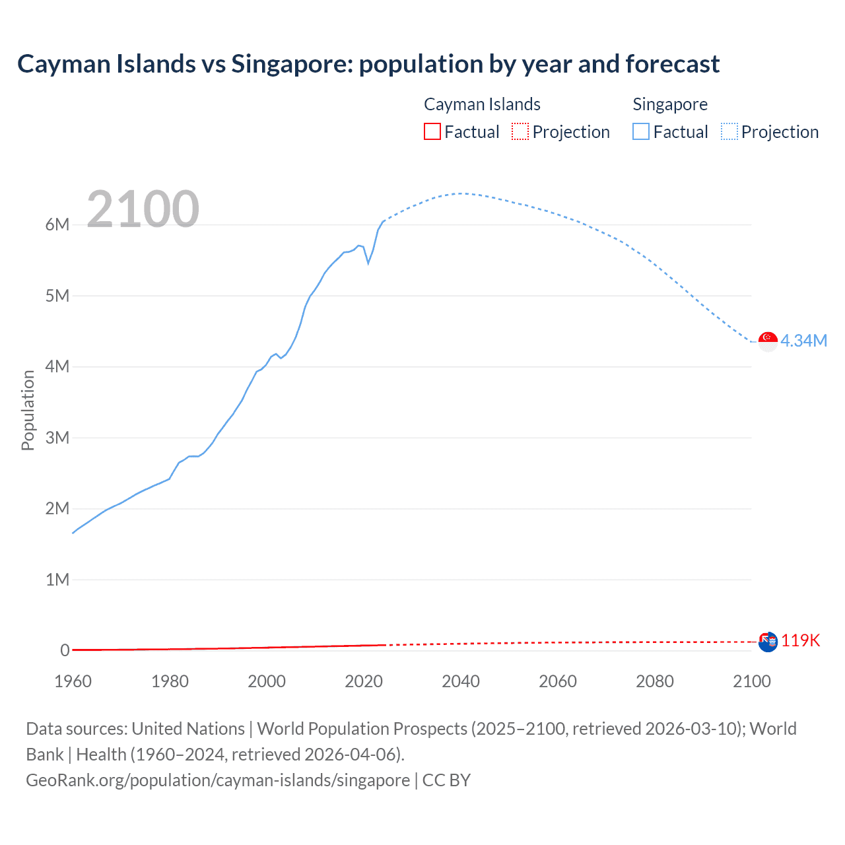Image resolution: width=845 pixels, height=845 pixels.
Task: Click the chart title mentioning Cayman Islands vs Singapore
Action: (368, 64)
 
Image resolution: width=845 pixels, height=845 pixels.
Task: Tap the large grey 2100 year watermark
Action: (143, 209)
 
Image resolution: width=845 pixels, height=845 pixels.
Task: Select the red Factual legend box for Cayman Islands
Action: (432, 131)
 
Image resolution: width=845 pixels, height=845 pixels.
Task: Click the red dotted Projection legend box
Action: (520, 131)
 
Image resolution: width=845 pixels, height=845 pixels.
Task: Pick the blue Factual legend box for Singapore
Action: (640, 131)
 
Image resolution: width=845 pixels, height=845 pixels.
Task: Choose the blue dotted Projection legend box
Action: (729, 131)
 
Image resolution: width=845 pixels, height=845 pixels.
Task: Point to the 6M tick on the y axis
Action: (57, 224)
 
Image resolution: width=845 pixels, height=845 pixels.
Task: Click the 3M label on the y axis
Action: (57, 438)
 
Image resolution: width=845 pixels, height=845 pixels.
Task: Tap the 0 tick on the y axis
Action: (65, 650)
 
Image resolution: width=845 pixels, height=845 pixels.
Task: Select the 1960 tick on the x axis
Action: (73, 681)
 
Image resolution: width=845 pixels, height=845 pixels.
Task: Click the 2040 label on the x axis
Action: (461, 681)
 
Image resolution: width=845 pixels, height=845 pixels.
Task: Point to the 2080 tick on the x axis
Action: (655, 681)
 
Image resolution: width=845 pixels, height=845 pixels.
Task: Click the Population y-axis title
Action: (28, 410)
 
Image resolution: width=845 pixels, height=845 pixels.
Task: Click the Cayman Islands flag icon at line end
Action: (768, 642)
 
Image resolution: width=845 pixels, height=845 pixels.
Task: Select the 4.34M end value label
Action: (803, 341)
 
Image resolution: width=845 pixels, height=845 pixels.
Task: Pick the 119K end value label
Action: (801, 641)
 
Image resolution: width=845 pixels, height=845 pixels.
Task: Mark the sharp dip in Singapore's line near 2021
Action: (368, 263)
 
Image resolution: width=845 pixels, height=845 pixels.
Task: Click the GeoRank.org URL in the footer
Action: (218, 780)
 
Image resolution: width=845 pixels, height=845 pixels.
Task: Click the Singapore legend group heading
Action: (670, 104)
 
